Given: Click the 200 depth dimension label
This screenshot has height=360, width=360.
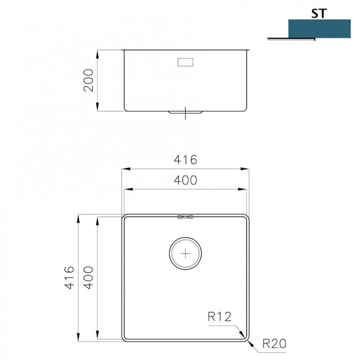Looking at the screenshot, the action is click(x=89, y=80).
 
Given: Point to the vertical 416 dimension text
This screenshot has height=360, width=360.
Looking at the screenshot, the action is click(x=69, y=277).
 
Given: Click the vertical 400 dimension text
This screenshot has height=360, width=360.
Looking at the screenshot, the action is click(x=89, y=277).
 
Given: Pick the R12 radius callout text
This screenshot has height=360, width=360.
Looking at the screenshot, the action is click(x=219, y=317).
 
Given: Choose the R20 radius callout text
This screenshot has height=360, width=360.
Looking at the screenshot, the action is click(x=274, y=344).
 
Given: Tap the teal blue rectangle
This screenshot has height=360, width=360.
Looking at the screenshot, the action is click(x=319, y=29).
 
